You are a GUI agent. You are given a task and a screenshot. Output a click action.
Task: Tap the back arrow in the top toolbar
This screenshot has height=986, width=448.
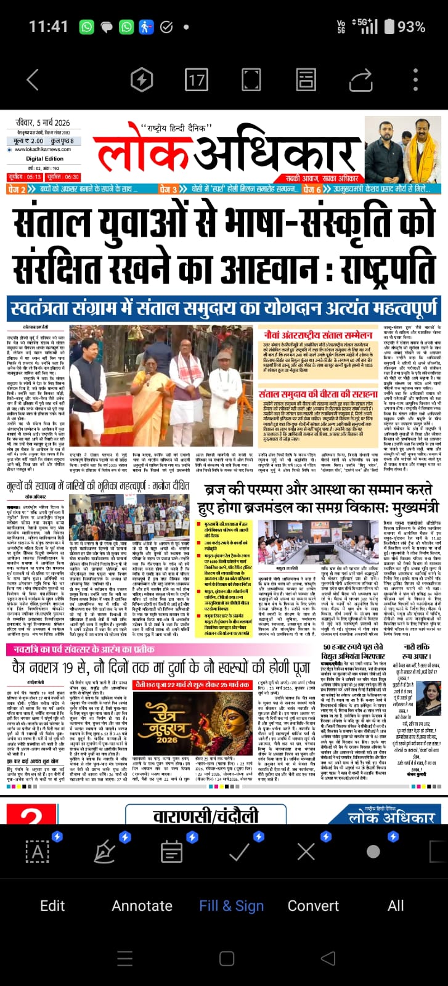(33, 80)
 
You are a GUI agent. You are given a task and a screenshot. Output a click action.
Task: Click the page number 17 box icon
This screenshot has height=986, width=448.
(197, 80)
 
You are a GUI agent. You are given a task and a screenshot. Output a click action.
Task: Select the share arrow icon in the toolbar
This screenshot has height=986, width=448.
(360, 80)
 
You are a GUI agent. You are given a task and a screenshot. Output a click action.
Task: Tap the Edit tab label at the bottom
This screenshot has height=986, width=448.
(52, 905)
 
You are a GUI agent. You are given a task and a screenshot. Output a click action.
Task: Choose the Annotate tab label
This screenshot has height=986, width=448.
(142, 905)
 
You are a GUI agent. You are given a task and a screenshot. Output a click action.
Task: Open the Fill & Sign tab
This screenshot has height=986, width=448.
(231, 905)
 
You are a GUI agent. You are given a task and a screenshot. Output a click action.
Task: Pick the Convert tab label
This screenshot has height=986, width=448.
(313, 905)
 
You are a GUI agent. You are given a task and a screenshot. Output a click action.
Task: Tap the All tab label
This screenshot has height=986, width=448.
(396, 905)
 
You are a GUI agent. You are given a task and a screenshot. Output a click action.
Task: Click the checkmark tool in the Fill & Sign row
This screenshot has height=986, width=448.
(239, 852)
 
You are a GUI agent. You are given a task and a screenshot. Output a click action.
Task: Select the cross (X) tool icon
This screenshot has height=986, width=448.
(306, 852)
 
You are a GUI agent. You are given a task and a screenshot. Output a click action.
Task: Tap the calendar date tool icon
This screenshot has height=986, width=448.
(171, 852)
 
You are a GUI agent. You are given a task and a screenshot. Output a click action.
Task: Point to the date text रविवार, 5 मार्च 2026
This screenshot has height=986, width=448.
(43, 123)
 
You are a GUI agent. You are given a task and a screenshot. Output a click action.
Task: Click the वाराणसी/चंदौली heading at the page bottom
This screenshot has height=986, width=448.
(206, 817)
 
